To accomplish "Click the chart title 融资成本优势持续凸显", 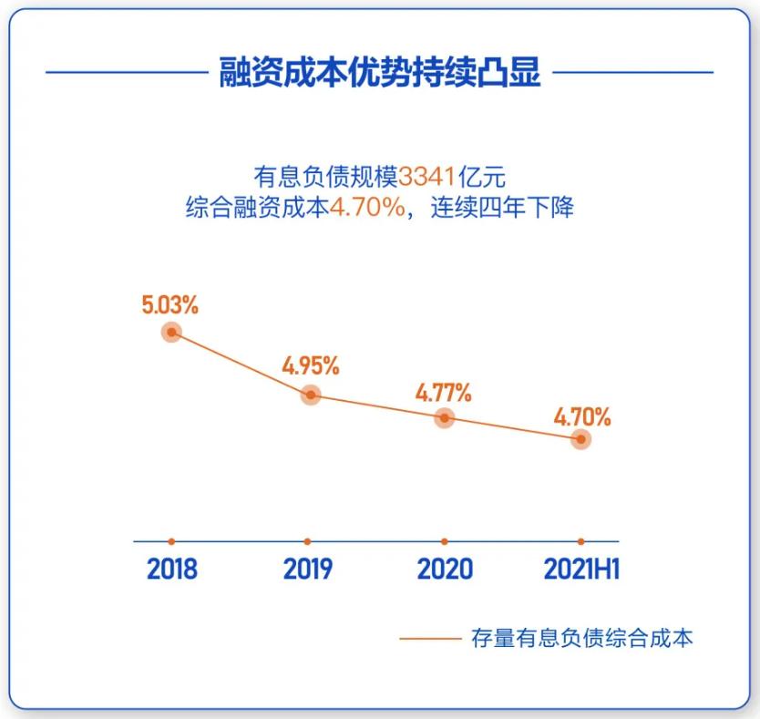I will coord(380,71).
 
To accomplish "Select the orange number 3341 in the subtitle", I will coord(426,175).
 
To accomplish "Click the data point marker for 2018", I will coord(171,332).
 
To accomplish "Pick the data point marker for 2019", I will coord(311,395).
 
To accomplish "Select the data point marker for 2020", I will coord(444,417).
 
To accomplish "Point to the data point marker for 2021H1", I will coord(580,439).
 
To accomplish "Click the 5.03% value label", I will coord(169,304).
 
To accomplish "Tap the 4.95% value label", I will coord(310,367).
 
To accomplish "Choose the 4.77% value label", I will coord(444,394).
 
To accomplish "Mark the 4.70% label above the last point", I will coord(582,418).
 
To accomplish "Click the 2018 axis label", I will coord(172,570).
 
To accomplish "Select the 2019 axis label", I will coord(308,570).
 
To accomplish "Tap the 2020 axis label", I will coord(445,570).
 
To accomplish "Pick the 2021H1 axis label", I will coord(581,570).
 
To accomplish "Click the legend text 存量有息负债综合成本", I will coord(581,638).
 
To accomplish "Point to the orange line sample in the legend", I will coord(430,639).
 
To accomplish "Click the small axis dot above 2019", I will coord(308,541).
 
